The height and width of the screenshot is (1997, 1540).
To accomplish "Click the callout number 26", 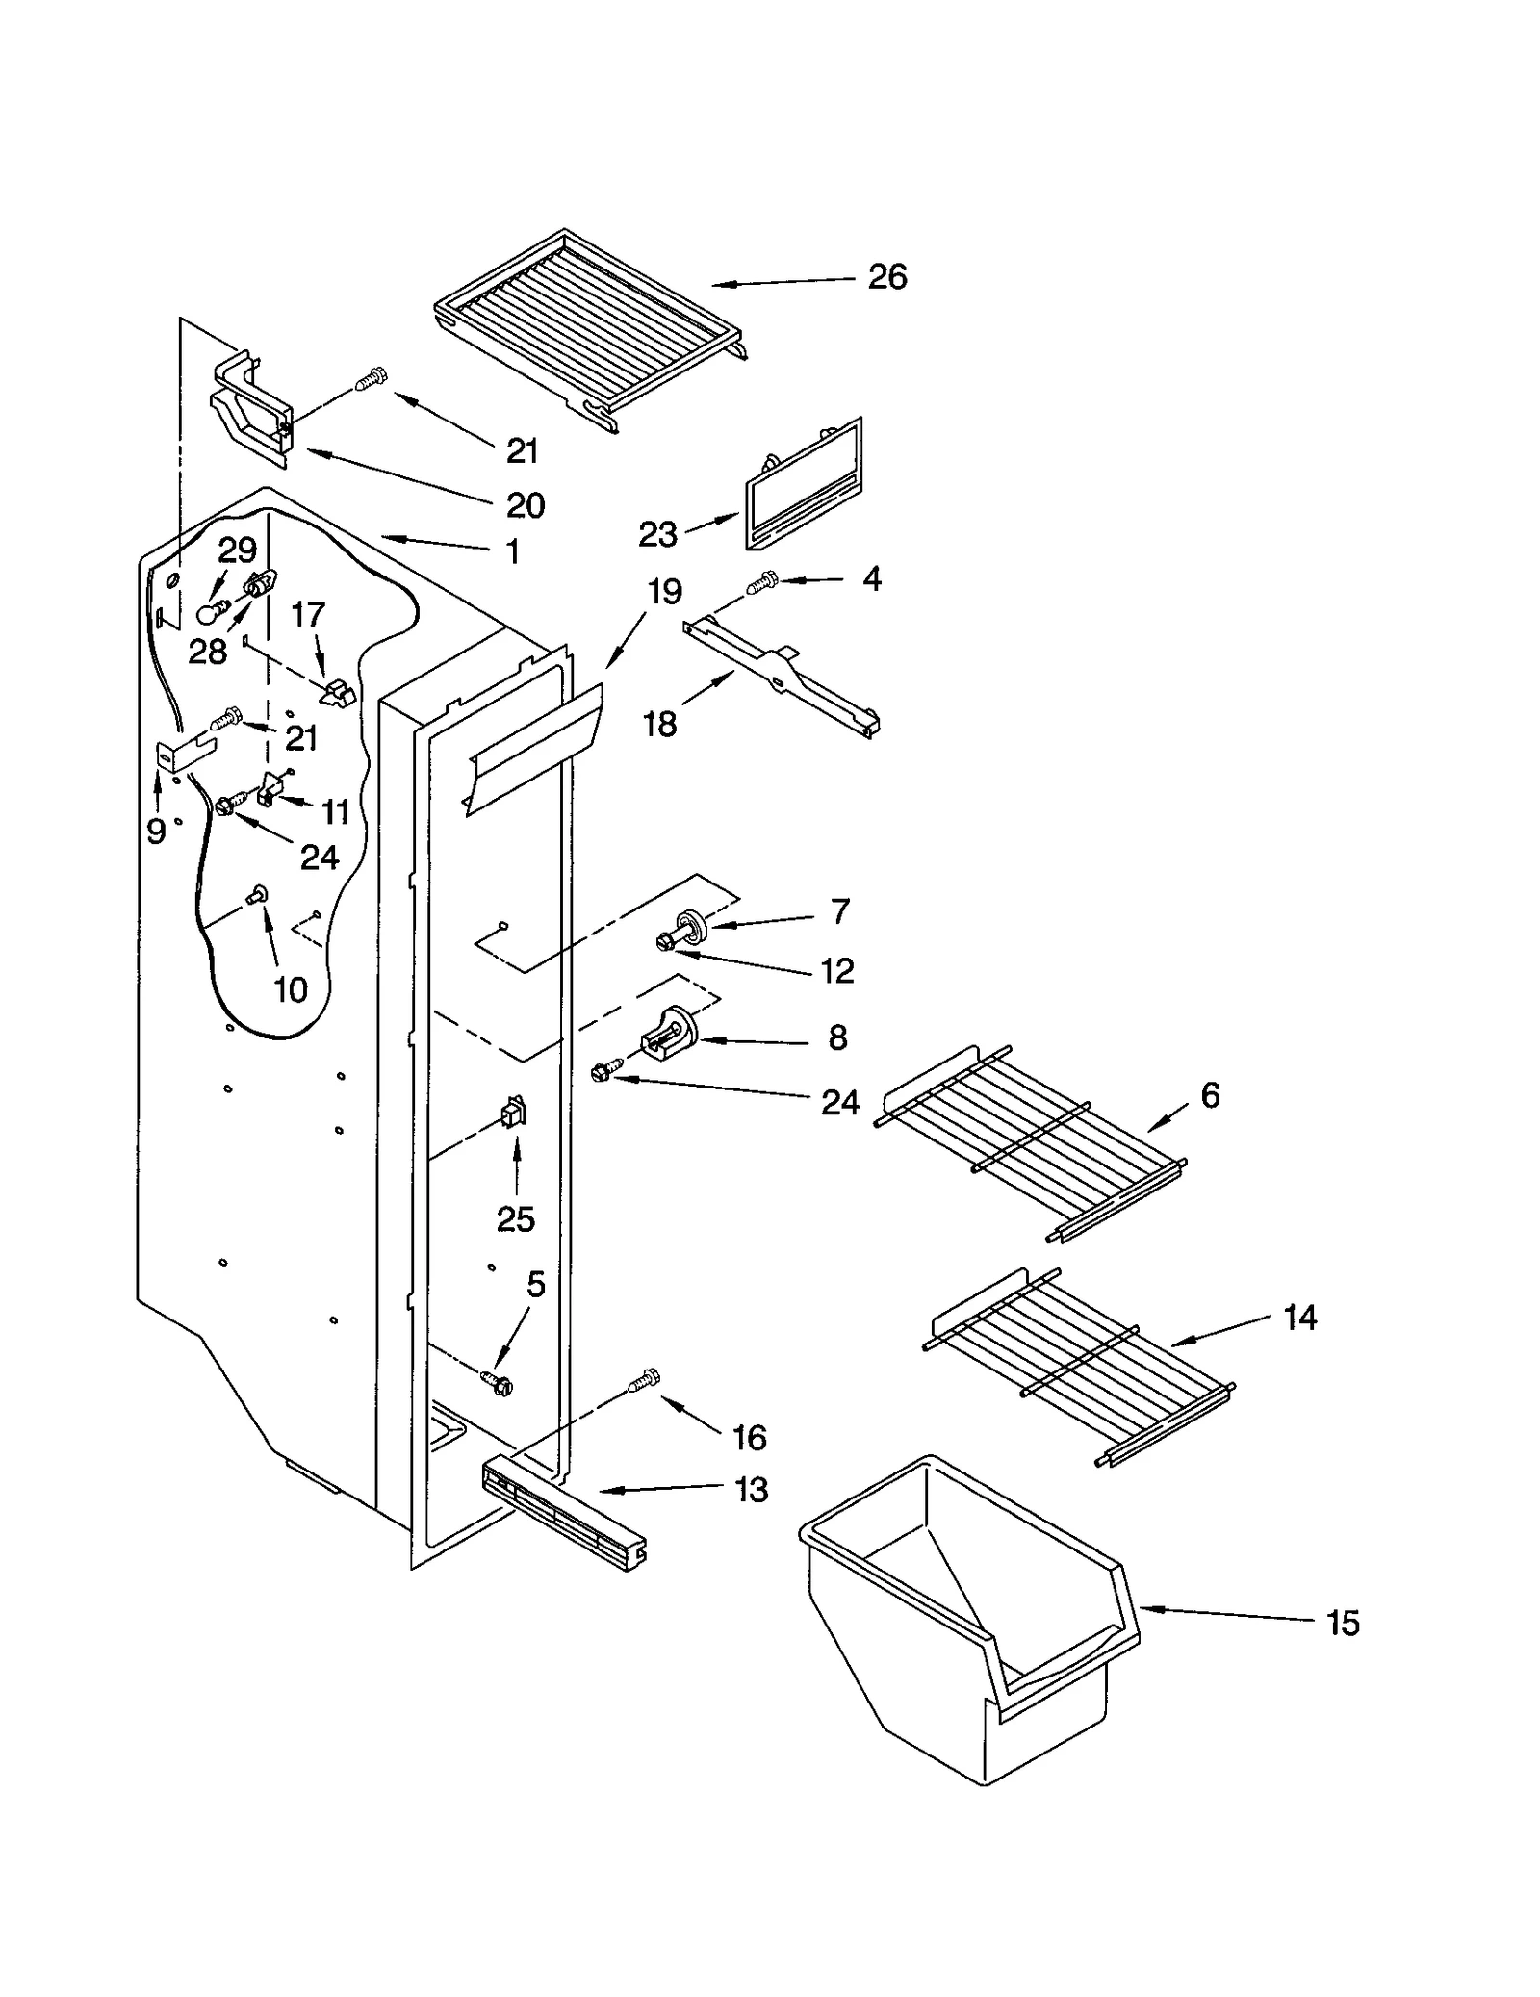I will click(886, 277).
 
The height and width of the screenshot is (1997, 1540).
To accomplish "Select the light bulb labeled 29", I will click(211, 612).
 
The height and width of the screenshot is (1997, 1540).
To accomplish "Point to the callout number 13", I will click(751, 1490).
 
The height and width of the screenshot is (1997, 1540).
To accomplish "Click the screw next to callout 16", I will click(643, 1380).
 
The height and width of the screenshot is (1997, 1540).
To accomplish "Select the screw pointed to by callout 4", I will click(763, 582).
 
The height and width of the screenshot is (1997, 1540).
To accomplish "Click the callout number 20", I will click(525, 505).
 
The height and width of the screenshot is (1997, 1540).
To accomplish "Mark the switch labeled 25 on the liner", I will click(513, 1114).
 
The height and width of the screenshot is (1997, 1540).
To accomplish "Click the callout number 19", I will click(664, 591).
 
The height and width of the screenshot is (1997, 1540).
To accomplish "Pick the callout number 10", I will click(291, 989).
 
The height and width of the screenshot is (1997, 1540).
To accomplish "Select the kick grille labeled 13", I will click(563, 1515).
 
